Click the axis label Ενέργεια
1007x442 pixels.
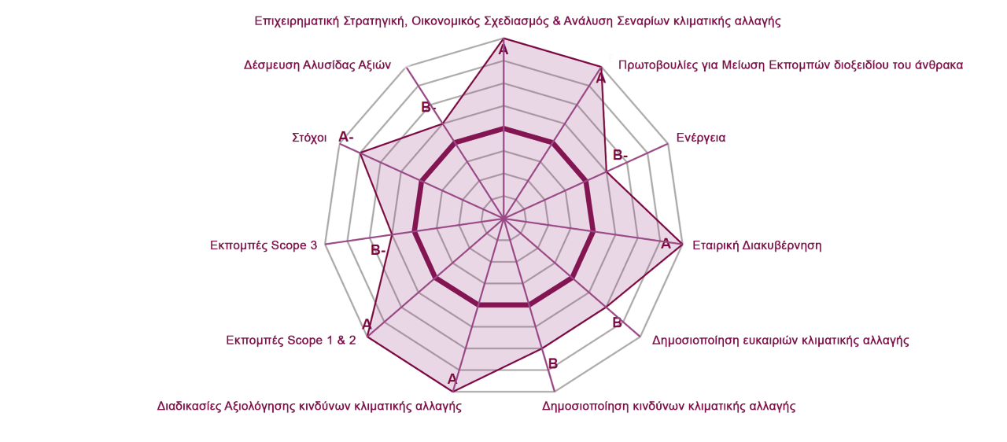pos(701,138)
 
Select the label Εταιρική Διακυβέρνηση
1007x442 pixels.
pos(757,245)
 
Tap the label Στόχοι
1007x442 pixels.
pos(309,138)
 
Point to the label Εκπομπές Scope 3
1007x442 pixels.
pos(264,245)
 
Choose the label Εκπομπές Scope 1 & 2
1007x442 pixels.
pos(291,340)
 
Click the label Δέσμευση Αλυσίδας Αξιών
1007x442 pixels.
pos(317,65)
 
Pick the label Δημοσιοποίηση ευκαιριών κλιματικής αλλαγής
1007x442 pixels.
pos(780,340)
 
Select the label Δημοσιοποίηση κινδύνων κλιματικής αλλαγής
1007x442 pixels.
pos(669,406)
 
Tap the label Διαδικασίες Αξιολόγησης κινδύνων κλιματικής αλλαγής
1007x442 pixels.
pos(309,406)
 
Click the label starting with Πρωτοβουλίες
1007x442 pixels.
pos(791,65)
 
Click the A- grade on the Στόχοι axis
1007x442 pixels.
pos(345,137)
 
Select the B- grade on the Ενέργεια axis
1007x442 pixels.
pos(621,156)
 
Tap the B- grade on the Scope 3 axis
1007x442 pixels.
pos(378,250)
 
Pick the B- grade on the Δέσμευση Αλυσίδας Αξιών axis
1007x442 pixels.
pos(429,108)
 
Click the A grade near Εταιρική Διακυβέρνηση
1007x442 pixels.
pos(666,245)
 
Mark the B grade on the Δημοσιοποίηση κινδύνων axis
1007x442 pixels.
pos(553,364)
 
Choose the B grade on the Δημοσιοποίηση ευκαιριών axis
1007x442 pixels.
pos(618,322)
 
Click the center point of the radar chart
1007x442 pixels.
pos(503,219)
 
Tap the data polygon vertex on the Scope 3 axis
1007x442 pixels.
pos(393,234)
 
